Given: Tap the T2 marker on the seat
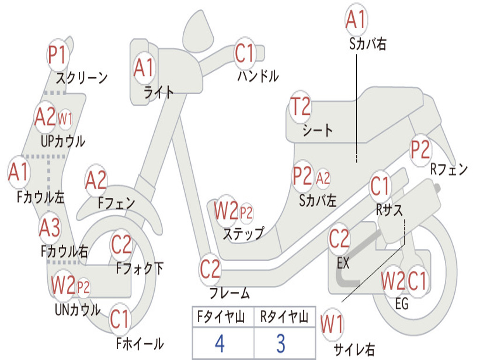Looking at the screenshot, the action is pyautogui.click(x=300, y=107).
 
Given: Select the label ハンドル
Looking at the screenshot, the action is pyautogui.click(x=258, y=75).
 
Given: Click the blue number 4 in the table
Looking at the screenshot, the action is pyautogui.click(x=220, y=343).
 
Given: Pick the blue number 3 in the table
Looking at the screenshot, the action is pyautogui.click(x=281, y=343).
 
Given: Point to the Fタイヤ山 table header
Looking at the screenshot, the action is pyautogui.click(x=221, y=317).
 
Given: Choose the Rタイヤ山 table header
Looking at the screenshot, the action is pyautogui.click(x=284, y=317).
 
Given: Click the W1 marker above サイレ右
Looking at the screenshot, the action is pyautogui.click(x=332, y=324).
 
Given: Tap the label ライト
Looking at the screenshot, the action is pyautogui.click(x=159, y=92).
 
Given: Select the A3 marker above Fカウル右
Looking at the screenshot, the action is pyautogui.click(x=50, y=228).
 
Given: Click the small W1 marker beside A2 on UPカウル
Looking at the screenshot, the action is pyautogui.click(x=65, y=118).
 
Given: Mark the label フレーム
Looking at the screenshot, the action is pyautogui.click(x=230, y=292).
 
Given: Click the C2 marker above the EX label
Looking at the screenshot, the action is pyautogui.click(x=339, y=239).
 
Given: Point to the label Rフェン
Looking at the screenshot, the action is pyautogui.click(x=449, y=169).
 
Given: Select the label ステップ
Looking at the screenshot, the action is pyautogui.click(x=243, y=233).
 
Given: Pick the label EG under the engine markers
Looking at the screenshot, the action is pyautogui.click(x=402, y=304).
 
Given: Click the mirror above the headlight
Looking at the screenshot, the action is pyautogui.click(x=198, y=30).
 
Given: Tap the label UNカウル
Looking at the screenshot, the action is pyautogui.click(x=78, y=310).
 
